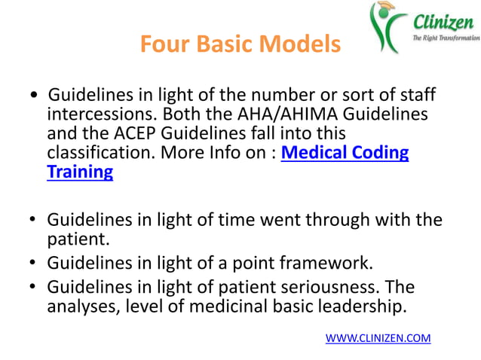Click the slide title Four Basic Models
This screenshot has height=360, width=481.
pyautogui.click(x=240, y=45)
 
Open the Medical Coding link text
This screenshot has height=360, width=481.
pyautogui.click(x=345, y=153)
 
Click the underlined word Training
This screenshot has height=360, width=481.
pyautogui.click(x=80, y=172)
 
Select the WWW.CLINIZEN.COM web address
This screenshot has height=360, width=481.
pyautogui.click(x=378, y=338)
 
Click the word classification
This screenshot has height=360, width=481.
pyautogui.click(x=103, y=154)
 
